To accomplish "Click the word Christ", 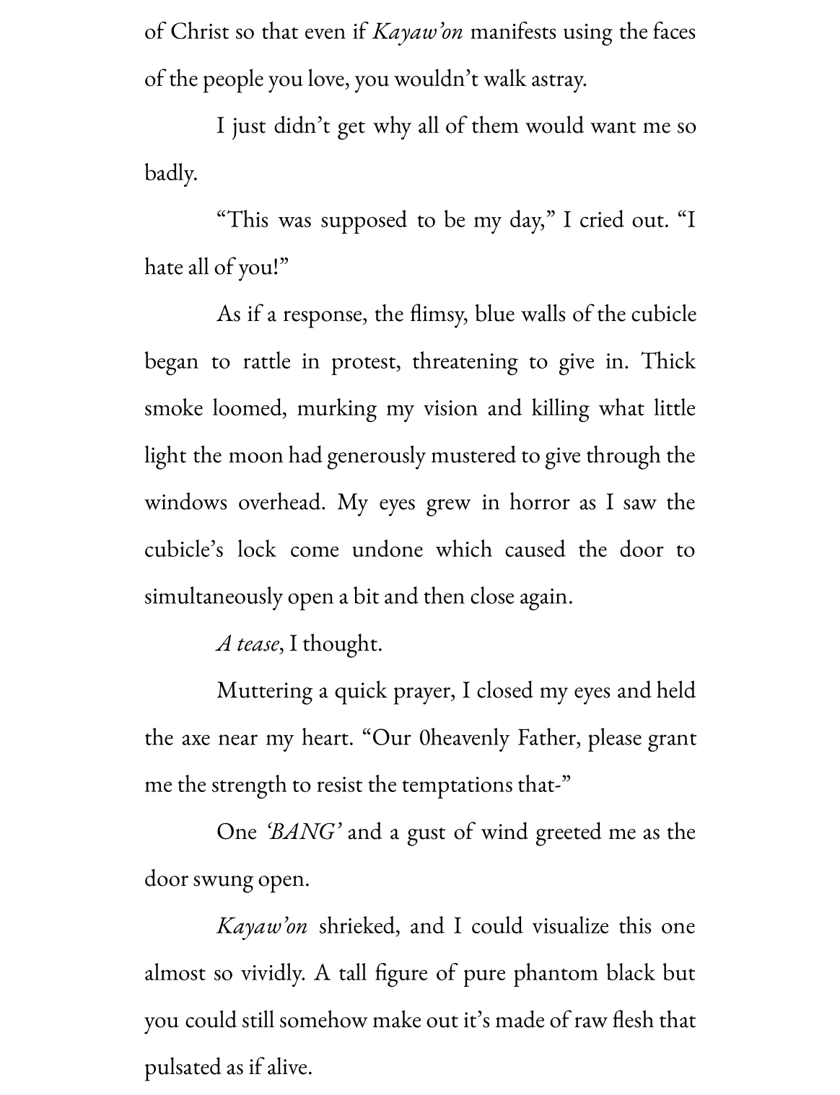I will (x=199, y=32).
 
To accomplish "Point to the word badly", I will (x=170, y=173).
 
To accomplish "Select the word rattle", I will (x=266, y=361).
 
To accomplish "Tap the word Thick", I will (x=668, y=361).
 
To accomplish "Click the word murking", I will (x=336, y=408).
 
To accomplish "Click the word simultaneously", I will (x=213, y=597).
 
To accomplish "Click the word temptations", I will (x=456, y=785).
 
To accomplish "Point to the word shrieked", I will (x=359, y=926).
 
